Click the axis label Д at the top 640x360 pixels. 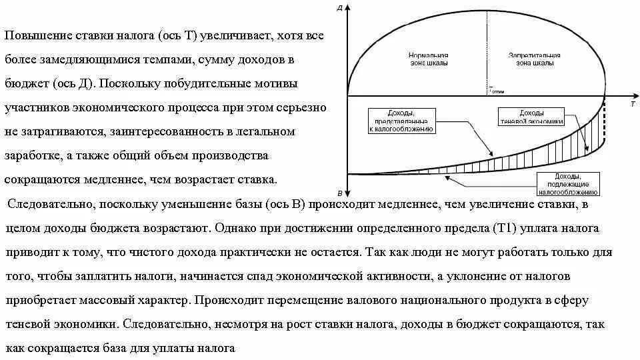coord(340,8)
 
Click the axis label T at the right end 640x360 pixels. coord(632,105)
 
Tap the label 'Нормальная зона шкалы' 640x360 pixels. coord(427,59)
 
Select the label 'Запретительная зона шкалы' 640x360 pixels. coord(534,59)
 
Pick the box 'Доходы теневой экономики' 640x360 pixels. coord(531,117)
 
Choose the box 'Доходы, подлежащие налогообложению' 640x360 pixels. coord(567,181)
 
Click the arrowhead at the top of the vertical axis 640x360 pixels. coord(348,6)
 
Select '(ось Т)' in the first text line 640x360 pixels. coord(177,36)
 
